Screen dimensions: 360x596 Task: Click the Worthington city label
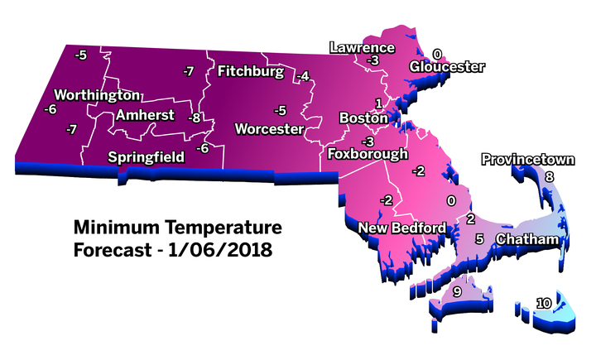(94, 94)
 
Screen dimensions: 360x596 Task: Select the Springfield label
(147, 156)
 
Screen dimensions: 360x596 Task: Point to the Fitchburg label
(251, 72)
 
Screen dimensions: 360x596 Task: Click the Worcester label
(269, 129)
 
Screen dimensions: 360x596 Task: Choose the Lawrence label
(363, 47)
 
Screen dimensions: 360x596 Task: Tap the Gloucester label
(448, 68)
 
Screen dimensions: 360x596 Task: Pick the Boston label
(364, 118)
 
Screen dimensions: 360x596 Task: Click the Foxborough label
(368, 154)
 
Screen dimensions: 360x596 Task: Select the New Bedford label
(401, 228)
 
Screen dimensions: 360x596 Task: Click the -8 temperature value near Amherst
(195, 118)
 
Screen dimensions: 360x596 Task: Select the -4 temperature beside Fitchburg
(304, 76)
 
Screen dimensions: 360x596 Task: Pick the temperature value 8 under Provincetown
(548, 176)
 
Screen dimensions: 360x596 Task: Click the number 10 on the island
(543, 304)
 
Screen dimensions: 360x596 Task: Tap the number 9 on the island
(457, 292)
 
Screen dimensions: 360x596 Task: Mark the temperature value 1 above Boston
(378, 103)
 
